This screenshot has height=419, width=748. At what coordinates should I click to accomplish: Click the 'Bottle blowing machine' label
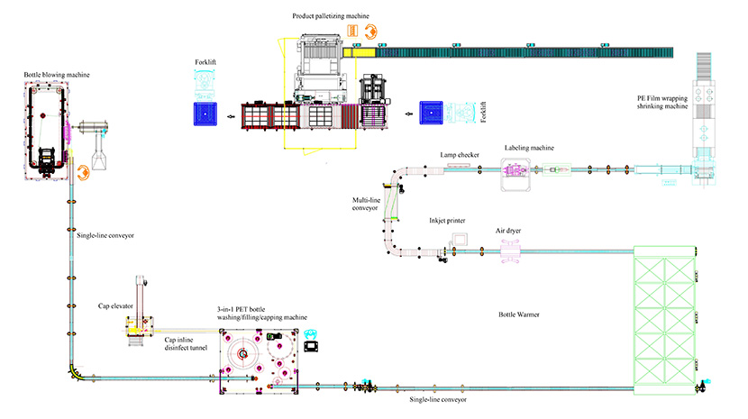click(x=58, y=73)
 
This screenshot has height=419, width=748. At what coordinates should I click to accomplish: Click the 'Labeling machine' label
click(x=528, y=148)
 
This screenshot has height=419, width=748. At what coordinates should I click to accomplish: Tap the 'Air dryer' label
click(x=507, y=231)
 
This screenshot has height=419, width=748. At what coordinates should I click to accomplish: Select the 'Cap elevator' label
click(x=116, y=306)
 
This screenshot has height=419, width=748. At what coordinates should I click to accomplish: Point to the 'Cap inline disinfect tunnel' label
click(x=186, y=345)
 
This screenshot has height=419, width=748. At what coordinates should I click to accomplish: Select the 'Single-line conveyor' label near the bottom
click(x=436, y=398)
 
